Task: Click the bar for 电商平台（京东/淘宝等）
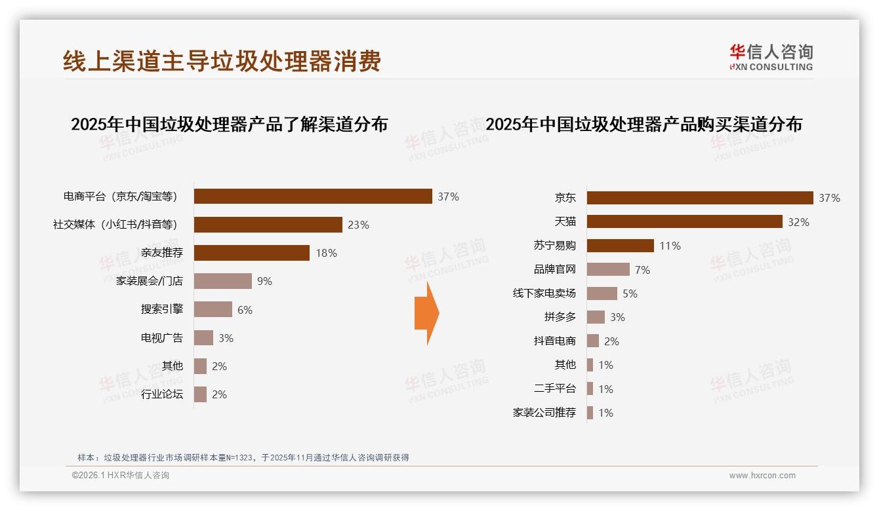click(313, 197)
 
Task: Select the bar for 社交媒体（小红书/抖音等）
click(268, 225)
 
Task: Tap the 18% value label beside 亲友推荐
click(326, 253)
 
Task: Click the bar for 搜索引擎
click(213, 309)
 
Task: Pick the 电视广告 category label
click(162, 338)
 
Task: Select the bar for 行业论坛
click(201, 394)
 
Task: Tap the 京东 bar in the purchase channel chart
click(700, 198)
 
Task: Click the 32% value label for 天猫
click(798, 222)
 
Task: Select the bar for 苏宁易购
click(621, 246)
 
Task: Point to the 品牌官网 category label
click(554, 269)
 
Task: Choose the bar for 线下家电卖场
click(602, 293)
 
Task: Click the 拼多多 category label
click(560, 317)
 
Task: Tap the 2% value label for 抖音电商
click(611, 341)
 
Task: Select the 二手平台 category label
click(554, 388)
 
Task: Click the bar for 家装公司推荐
click(590, 413)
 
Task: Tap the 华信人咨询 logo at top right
click(771, 57)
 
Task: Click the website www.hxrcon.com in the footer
click(762, 476)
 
